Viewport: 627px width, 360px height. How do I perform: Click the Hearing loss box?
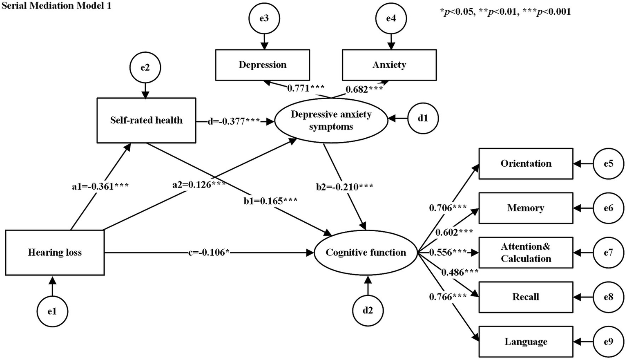point(55,253)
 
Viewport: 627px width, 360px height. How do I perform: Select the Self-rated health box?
point(146,120)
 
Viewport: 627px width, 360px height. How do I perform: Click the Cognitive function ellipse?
point(366,253)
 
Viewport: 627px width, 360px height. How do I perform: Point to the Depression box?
point(262,65)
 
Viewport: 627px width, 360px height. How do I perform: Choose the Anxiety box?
point(389,65)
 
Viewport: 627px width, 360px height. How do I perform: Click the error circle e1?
point(52,311)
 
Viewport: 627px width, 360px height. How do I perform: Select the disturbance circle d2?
point(368,310)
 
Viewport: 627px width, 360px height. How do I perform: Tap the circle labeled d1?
point(423,119)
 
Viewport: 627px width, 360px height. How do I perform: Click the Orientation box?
point(526,163)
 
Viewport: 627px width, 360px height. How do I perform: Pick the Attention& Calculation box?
point(526,253)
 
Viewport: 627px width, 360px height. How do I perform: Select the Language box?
point(526,342)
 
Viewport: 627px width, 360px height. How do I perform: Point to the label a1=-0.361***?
point(100,186)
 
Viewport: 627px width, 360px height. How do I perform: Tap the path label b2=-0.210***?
point(344,187)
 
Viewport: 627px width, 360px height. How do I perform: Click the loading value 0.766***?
point(448,297)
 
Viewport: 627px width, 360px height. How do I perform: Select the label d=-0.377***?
point(234,121)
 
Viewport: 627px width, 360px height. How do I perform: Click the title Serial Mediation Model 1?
point(56,6)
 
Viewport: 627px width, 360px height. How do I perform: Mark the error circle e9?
point(608,341)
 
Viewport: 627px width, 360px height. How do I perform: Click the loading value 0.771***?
point(306,88)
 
